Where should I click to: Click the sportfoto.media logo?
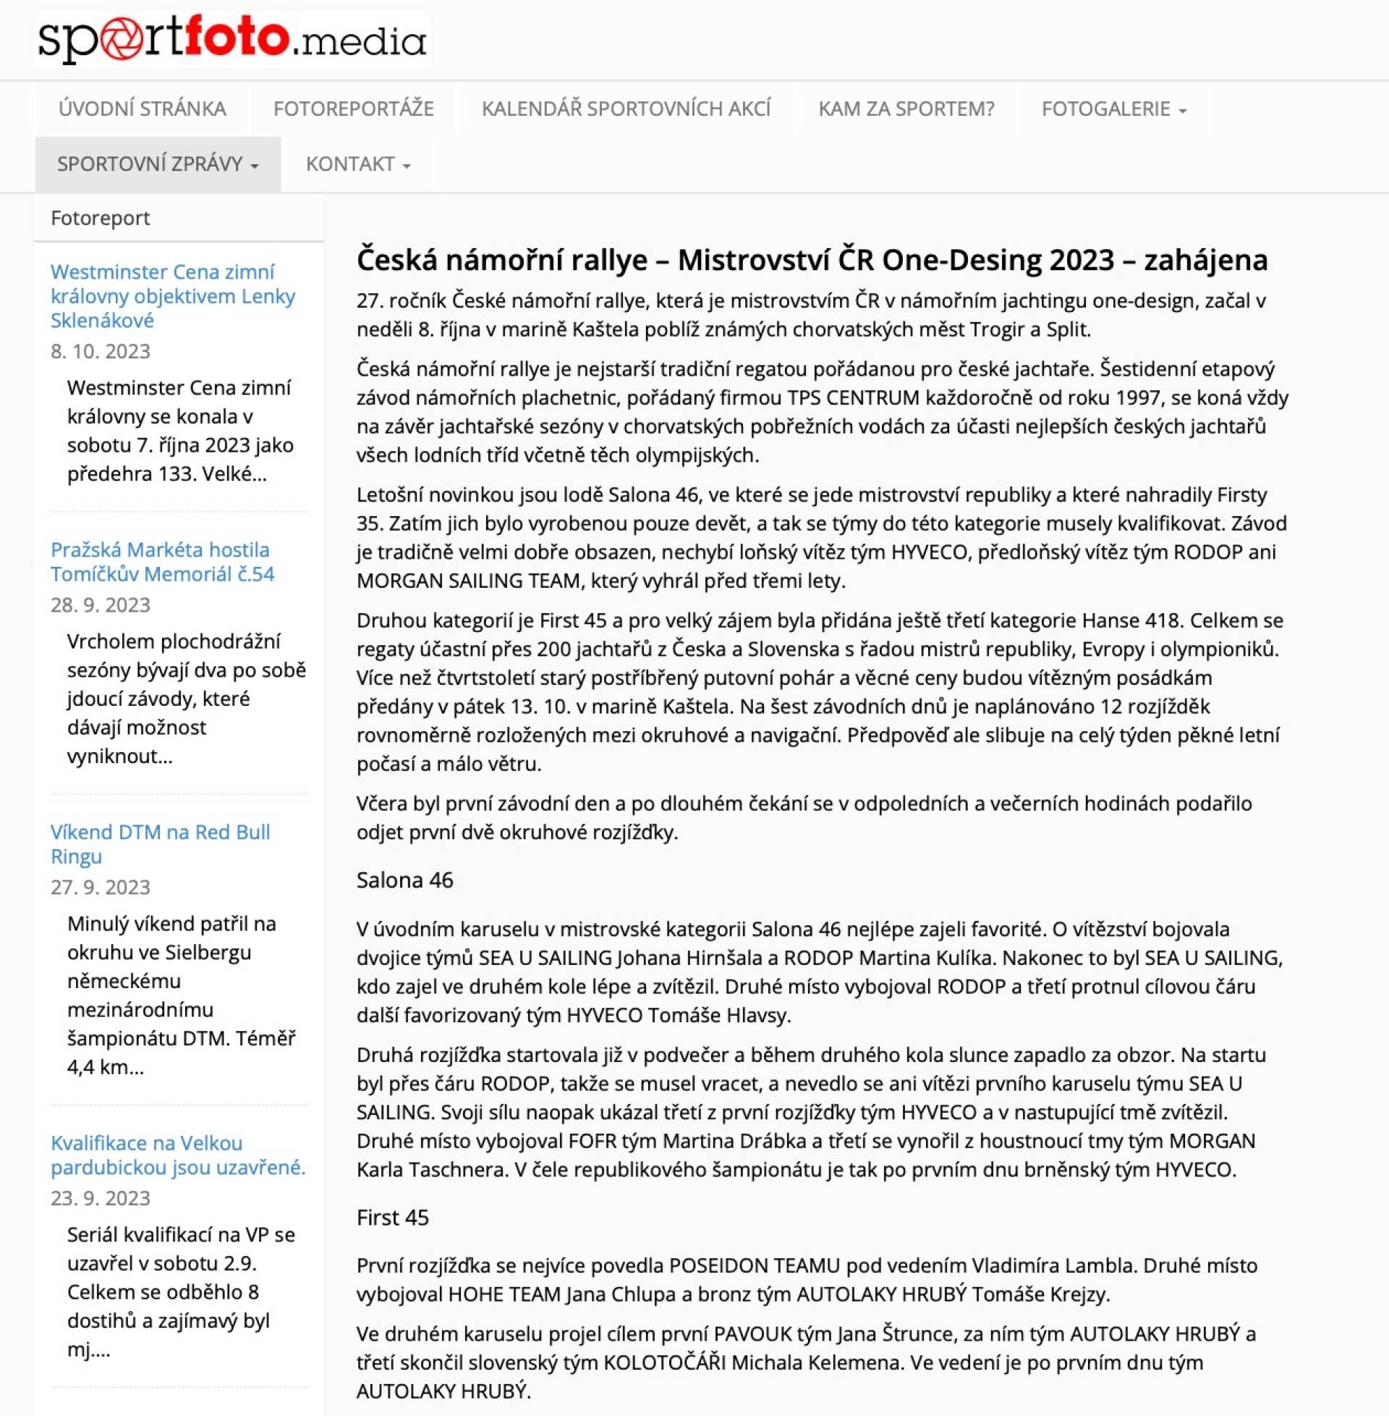[232, 39]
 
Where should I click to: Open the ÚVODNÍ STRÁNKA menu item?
[143, 109]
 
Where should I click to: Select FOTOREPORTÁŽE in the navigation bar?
[353, 109]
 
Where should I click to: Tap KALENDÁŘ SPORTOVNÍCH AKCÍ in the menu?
[626, 109]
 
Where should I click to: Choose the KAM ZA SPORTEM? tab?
[906, 109]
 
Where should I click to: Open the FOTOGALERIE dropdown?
[1113, 109]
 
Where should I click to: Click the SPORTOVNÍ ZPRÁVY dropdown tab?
[158, 164]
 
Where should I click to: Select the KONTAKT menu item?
[357, 164]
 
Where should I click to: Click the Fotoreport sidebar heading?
[101, 217]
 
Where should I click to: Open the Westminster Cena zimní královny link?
[172, 295]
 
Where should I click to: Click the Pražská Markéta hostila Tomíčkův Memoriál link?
[162, 561]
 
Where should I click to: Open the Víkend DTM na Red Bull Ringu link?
[160, 844]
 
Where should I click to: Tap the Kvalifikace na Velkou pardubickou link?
[177, 1155]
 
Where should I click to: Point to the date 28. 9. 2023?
[101, 604]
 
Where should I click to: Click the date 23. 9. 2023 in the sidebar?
[101, 1198]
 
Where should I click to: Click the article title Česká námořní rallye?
[811, 260]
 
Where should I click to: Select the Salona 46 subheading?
[405, 880]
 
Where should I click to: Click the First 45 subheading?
[393, 1218]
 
